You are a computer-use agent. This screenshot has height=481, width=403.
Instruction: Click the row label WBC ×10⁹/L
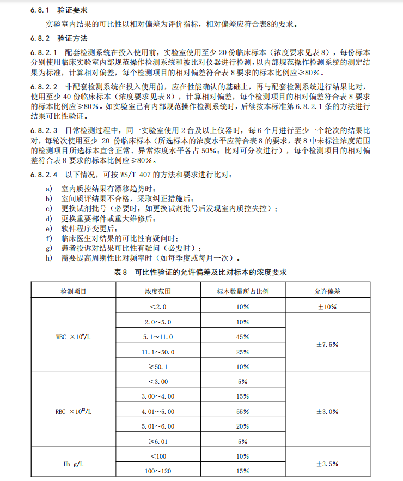74,336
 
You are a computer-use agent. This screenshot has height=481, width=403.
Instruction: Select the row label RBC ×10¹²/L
74,412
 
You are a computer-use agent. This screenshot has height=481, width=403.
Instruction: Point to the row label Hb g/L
74,464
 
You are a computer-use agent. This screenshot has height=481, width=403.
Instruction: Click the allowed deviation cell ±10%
327,306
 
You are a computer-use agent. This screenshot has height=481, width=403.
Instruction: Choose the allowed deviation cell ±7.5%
327,344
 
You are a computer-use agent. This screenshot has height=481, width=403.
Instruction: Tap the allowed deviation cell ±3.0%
327,412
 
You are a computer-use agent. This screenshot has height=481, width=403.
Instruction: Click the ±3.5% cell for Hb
327,464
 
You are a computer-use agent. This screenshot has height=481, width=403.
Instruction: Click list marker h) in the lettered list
49,258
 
